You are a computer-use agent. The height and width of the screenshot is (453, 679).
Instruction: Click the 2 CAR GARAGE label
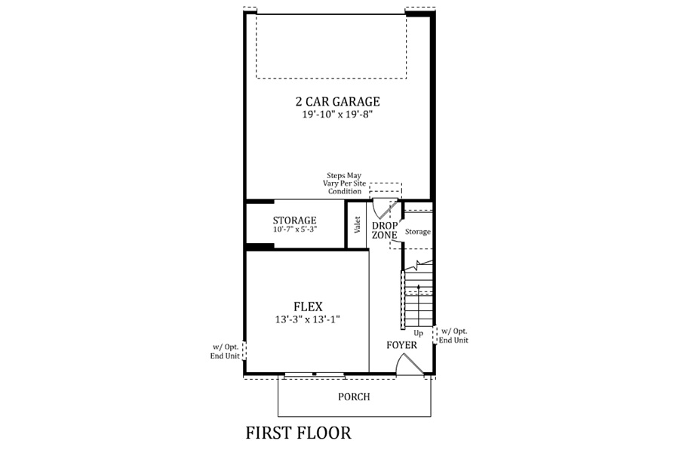pos(338,101)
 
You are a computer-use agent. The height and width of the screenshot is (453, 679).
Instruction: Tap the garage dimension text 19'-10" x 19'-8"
pos(338,115)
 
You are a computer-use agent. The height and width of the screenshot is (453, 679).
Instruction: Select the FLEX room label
pos(308,307)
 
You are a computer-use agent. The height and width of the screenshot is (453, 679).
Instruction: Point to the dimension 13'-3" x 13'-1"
pos(308,320)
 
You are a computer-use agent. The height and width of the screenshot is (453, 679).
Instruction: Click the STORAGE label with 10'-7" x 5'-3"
pos(294,220)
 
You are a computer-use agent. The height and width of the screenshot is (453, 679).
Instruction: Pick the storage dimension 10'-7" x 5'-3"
pos(295,230)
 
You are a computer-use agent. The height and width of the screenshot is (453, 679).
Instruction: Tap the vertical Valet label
pos(358,225)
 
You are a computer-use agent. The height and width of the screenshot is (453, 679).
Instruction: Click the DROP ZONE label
pos(385,230)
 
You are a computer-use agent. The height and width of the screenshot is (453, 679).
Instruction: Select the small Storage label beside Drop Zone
pos(418,232)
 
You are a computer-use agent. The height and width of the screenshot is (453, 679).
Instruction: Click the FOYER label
pos(402,345)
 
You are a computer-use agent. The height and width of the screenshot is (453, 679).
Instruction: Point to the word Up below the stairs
pos(418,334)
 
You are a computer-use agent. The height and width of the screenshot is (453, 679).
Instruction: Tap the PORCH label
pos(355,396)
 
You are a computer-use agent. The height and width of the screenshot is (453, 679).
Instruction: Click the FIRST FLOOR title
pos(298,433)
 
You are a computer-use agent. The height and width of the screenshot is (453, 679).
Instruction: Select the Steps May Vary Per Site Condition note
pos(344,183)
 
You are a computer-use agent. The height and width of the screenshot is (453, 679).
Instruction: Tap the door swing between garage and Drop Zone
pos(386,208)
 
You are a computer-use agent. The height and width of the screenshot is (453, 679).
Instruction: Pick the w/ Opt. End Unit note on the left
pos(225,352)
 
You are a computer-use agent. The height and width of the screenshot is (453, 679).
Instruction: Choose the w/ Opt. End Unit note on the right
pos(453,336)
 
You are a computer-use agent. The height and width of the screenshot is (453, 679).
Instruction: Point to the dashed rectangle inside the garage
pos(331,46)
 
